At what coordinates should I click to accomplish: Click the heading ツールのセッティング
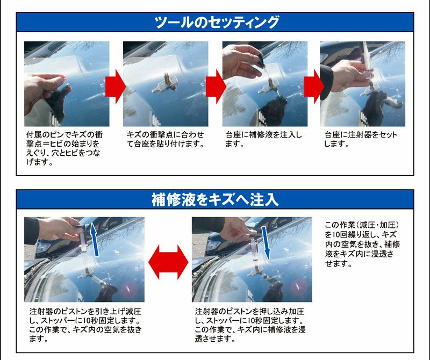coord(217,22)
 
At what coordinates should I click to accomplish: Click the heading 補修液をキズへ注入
coord(215,199)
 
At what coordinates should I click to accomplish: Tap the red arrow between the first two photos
coord(116,87)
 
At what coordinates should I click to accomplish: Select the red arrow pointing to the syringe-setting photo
coord(314,87)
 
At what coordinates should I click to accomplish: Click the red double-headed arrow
coord(168,262)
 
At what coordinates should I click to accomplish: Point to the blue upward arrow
coord(95,240)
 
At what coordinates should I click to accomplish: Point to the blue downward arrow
coord(266,243)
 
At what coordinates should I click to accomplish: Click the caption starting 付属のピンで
coord(64,148)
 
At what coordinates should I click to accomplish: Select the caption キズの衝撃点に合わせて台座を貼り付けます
coord(166,139)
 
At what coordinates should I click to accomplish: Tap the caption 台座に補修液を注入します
coord(263,139)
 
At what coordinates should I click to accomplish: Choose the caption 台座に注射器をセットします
coord(361,139)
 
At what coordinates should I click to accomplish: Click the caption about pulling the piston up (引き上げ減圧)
coord(85,325)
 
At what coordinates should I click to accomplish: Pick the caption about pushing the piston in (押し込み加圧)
coord(250,325)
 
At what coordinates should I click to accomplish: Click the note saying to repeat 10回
coord(362,244)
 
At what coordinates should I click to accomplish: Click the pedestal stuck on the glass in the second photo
coord(165,84)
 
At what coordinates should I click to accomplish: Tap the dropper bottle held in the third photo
coord(260,61)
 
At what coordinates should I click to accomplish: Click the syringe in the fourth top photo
coord(367,64)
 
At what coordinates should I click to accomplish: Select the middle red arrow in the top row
coord(216,87)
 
